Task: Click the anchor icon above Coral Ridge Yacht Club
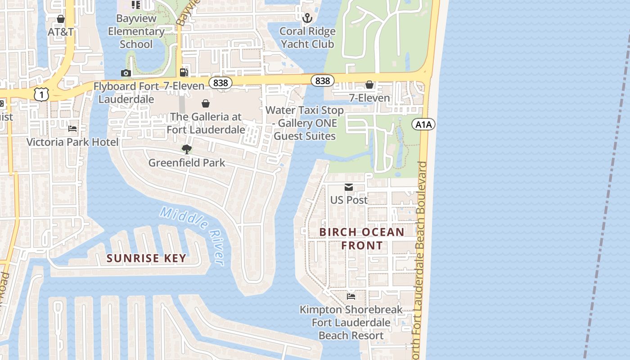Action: pos(307,18)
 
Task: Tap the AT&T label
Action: pos(61,32)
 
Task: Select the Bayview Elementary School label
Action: pos(136,31)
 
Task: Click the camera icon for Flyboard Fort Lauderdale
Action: pos(126,73)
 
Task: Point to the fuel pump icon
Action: pos(184,72)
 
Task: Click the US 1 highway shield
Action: pos(41,94)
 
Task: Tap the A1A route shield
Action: pos(423,124)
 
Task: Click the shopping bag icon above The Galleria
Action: pos(206,103)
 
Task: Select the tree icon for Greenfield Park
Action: pos(186,149)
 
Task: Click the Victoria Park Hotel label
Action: pos(72,142)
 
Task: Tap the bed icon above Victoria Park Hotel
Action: pos(72,129)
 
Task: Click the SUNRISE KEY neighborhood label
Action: pos(146,258)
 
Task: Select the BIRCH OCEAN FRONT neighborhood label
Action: pos(362,238)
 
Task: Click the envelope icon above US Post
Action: pos(349,187)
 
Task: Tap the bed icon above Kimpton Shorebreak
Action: pos(351,296)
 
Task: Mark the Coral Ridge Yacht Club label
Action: pos(307,37)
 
